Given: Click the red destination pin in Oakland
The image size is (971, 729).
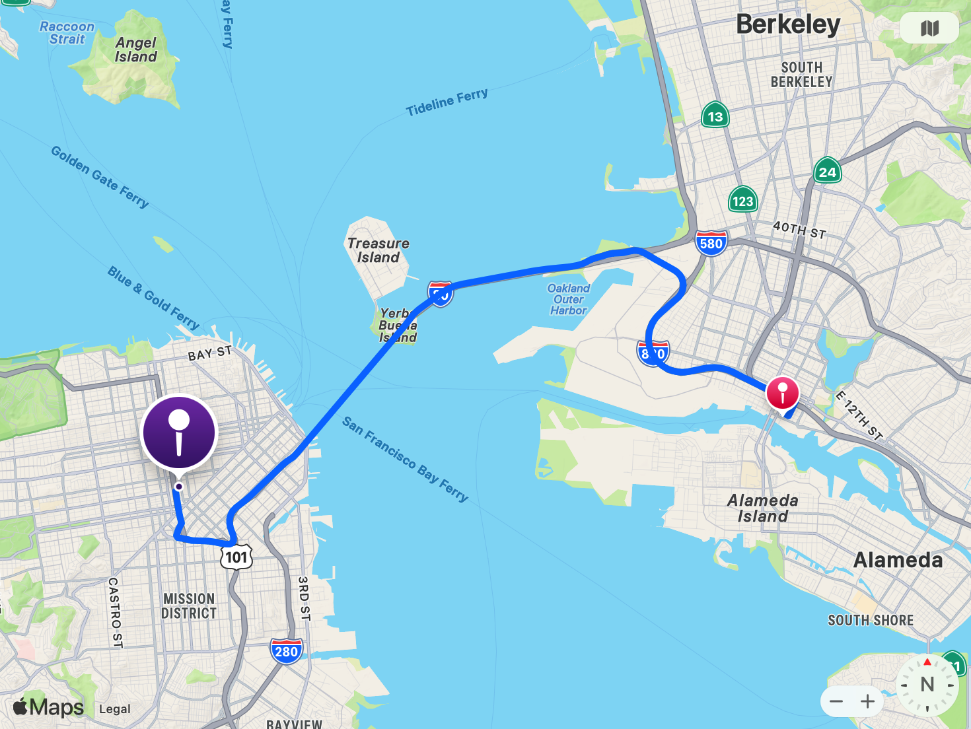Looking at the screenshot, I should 782,394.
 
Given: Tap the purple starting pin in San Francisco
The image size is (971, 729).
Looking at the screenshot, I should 179,433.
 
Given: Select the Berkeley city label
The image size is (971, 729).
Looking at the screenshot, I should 788,25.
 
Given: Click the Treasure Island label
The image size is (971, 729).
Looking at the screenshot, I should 378,250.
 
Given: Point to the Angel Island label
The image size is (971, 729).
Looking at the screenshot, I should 136,50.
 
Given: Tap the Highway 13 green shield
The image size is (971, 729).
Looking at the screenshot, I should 715,116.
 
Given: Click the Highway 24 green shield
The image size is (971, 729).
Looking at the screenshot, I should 827,172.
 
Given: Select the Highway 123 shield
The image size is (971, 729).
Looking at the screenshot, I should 742,201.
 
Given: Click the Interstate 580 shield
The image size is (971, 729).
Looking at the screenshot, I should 711,243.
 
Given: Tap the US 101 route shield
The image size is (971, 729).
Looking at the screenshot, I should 236,557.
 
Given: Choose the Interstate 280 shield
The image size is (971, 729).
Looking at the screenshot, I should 286,651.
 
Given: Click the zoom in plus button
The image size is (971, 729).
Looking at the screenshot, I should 868,701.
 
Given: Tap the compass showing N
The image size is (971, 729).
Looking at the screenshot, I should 927,685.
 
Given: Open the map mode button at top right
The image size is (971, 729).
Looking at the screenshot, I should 929,28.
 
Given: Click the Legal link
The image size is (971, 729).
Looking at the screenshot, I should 115,709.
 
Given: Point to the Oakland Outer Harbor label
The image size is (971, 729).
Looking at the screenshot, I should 568,299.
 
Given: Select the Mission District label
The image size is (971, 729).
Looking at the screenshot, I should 189,606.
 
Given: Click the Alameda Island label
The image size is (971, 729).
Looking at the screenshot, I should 763,508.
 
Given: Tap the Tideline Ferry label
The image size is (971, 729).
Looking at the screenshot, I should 447,102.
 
